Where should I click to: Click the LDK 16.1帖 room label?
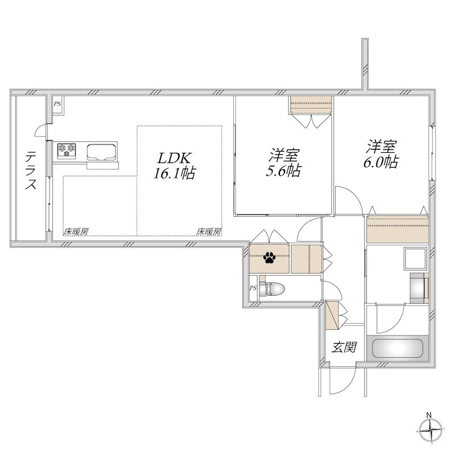click(174, 165)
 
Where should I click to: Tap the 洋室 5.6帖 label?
click(283, 162)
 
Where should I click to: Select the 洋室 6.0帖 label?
click(381, 154)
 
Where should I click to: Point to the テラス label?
click(31, 170)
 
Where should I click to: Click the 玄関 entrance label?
click(344, 347)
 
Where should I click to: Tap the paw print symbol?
click(269, 258)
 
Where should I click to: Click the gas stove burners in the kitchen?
click(67, 150)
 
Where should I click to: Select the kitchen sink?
click(102, 152)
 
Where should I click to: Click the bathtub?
click(397, 348)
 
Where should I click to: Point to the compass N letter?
click(429, 415)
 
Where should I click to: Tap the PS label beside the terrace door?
click(58, 104)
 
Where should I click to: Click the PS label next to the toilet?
click(253, 288)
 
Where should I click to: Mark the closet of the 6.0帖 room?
click(397, 229)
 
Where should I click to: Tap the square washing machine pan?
click(415, 259)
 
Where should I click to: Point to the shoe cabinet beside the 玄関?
click(332, 316)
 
